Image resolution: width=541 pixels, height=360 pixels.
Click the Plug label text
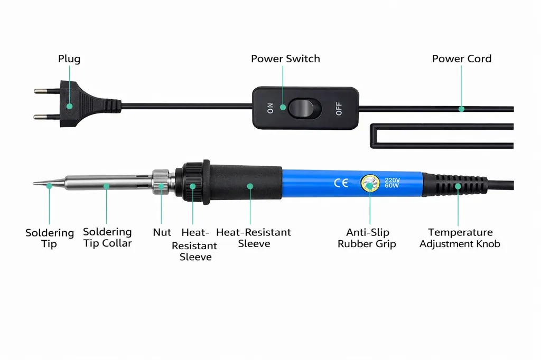click(x=69, y=59)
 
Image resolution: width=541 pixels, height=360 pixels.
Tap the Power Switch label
click(x=285, y=59)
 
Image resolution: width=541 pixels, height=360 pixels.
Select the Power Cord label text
click(x=462, y=59)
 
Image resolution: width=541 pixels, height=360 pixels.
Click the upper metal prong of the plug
click(x=47, y=91)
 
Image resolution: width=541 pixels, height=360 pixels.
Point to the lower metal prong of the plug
click(x=47, y=117)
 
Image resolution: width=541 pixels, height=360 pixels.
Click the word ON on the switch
click(x=270, y=108)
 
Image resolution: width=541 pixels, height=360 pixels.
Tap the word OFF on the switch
click(x=339, y=109)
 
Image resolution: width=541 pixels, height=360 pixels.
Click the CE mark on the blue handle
click(x=341, y=183)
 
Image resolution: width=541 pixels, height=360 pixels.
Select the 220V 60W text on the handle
click(x=392, y=183)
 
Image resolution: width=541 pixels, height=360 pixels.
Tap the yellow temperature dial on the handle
click(x=370, y=184)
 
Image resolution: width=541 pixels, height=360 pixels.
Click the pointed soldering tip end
click(x=33, y=183)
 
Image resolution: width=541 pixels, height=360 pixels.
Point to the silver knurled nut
click(x=161, y=182)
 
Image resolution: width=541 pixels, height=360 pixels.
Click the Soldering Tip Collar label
click(x=107, y=238)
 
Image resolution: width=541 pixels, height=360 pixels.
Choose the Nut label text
click(x=162, y=232)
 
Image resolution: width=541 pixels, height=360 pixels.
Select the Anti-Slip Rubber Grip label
click(x=367, y=238)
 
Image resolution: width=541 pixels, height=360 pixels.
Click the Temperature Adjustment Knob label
click(x=460, y=238)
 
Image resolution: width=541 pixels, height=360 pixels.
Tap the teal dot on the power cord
click(x=461, y=109)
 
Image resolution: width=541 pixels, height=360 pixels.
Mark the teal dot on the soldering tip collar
click(x=106, y=186)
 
